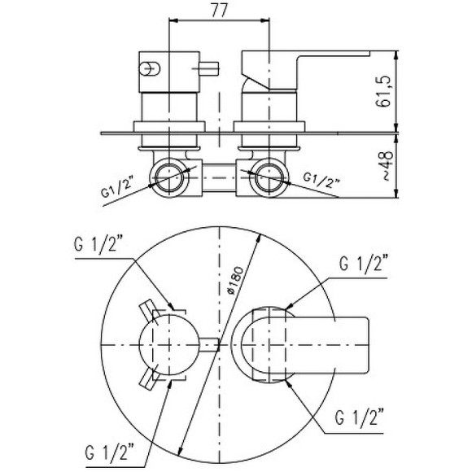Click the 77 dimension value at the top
(x=220, y=11)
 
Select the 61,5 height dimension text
(x=383, y=91)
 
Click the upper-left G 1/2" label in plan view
(x=99, y=245)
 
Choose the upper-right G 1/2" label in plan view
(x=363, y=264)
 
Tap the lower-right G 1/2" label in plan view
(x=360, y=417)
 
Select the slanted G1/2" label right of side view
(x=321, y=181)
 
